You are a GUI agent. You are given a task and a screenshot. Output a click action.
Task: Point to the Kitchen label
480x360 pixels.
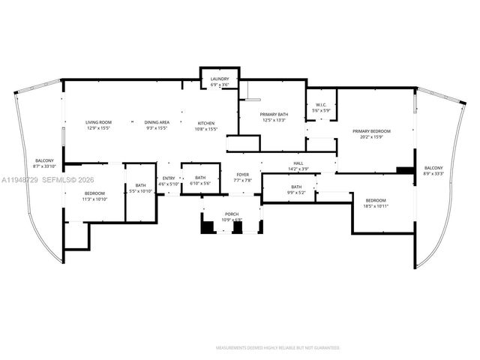(205, 124)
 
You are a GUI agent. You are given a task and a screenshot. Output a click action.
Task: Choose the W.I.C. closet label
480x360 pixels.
(320, 107)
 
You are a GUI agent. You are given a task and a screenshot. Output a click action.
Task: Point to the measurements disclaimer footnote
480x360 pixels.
(277, 348)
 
